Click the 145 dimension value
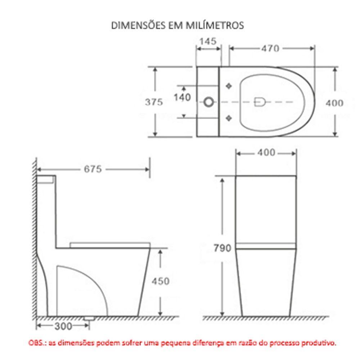coord(208,41)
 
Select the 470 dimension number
coord(270,48)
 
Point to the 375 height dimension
coord(154,102)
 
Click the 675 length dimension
coord(93,169)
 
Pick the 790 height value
coord(222,248)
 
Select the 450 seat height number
coord(160,281)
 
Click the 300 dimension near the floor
coord(63,326)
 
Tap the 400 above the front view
coord(266,153)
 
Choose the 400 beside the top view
coord(334,103)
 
